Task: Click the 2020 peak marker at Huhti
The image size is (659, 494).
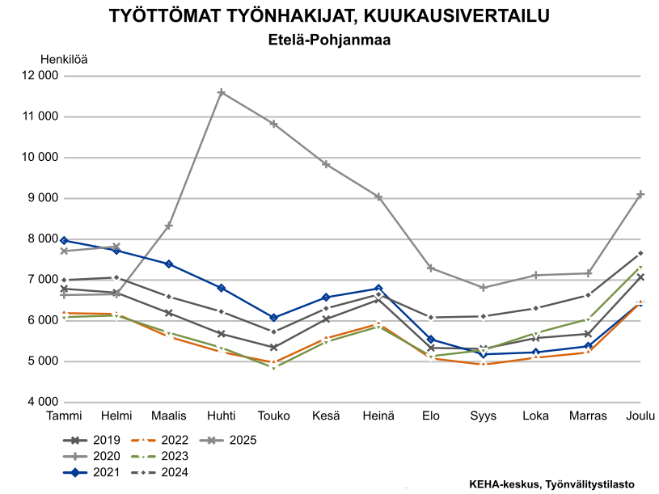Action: (221, 93)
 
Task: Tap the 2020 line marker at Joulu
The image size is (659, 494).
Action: (640, 194)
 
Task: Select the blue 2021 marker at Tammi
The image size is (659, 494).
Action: (64, 240)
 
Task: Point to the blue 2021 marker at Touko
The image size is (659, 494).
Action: (273, 318)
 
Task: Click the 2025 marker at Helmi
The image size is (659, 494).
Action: (116, 247)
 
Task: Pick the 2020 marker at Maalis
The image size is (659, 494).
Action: (168, 226)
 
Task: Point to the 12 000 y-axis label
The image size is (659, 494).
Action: (39, 76)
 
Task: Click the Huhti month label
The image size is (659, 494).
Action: (221, 416)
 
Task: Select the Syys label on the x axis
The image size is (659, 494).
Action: (483, 416)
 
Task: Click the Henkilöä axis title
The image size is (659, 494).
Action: (64, 58)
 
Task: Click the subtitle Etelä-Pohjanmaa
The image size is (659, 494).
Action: (329, 38)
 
